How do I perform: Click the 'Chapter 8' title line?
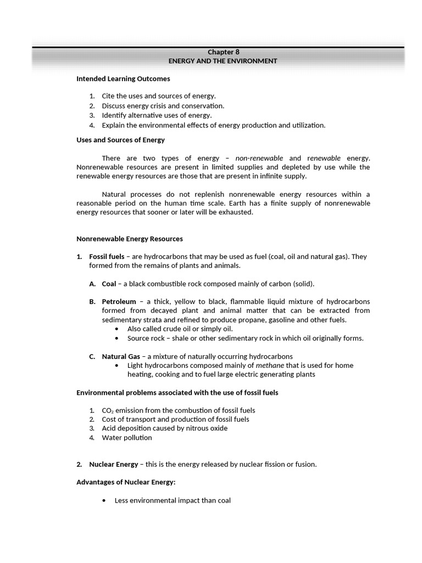(223, 52)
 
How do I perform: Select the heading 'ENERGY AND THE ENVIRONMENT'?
(223, 61)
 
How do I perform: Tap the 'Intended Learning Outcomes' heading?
(123, 79)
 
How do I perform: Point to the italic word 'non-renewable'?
(259, 158)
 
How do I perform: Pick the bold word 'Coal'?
(109, 284)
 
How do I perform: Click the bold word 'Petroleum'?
(119, 301)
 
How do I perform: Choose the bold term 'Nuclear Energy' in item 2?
(114, 464)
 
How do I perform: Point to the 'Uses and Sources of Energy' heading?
(120, 140)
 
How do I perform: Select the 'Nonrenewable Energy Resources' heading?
(130, 239)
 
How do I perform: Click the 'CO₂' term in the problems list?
(108, 410)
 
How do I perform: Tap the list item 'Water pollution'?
(127, 438)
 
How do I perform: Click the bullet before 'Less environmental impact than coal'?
(104, 500)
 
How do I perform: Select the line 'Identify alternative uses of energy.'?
(157, 115)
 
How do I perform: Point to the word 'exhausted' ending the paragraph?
(237, 213)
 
